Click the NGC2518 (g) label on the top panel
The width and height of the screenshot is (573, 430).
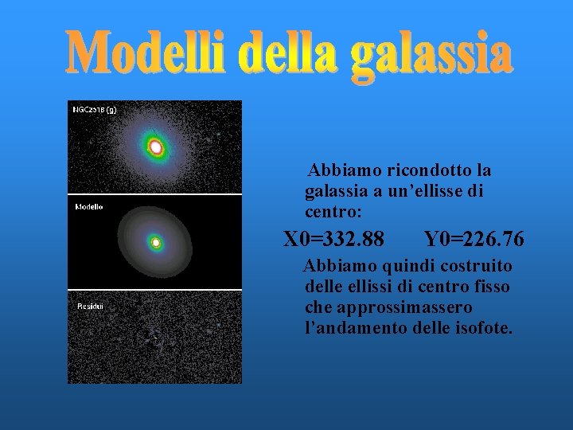click(x=94, y=109)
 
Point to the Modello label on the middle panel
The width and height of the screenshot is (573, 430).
click(x=88, y=206)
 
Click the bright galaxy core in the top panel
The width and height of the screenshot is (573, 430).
click(x=156, y=147)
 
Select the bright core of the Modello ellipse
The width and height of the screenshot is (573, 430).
click(x=156, y=242)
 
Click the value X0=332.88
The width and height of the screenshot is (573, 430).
click(x=334, y=239)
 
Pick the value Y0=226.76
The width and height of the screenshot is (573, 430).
click(x=474, y=239)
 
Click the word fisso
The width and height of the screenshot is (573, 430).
click(x=490, y=287)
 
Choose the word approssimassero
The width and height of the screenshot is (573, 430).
click(x=388, y=307)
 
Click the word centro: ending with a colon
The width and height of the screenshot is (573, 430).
click(x=333, y=212)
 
